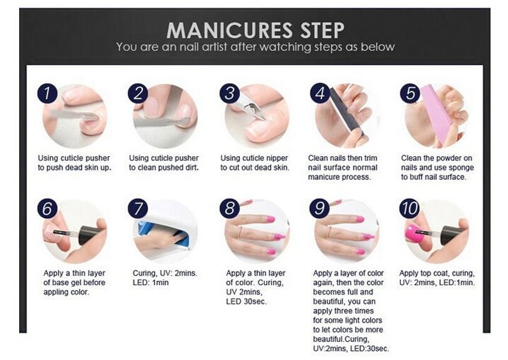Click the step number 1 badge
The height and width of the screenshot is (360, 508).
(47, 93)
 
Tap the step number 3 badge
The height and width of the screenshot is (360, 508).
(230, 93)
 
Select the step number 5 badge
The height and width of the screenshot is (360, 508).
(410, 93)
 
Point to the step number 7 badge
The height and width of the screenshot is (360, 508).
(138, 208)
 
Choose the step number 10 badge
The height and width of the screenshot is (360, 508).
(410, 208)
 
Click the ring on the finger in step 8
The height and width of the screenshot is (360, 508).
(240, 232)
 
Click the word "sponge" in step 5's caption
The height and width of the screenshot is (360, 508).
(461, 167)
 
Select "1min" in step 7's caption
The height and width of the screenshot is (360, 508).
(160, 283)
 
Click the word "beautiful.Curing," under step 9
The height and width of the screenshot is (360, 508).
(341, 340)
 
